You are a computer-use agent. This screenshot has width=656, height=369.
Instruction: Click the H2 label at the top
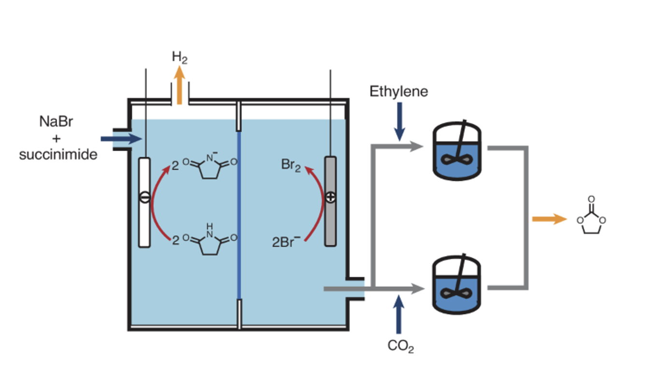point(180,58)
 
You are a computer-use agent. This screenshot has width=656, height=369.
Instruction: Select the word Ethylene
point(399,91)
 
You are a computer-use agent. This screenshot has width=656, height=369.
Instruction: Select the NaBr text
point(56,122)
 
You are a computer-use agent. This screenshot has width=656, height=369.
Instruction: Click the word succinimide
point(58,155)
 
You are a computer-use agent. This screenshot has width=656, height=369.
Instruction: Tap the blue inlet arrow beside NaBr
point(121,139)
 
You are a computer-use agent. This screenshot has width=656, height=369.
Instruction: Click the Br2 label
point(291,165)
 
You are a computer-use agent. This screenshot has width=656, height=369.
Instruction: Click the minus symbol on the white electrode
point(144,197)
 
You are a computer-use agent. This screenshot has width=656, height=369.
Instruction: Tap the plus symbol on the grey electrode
point(330,197)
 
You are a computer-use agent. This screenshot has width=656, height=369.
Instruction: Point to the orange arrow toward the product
point(549,219)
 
